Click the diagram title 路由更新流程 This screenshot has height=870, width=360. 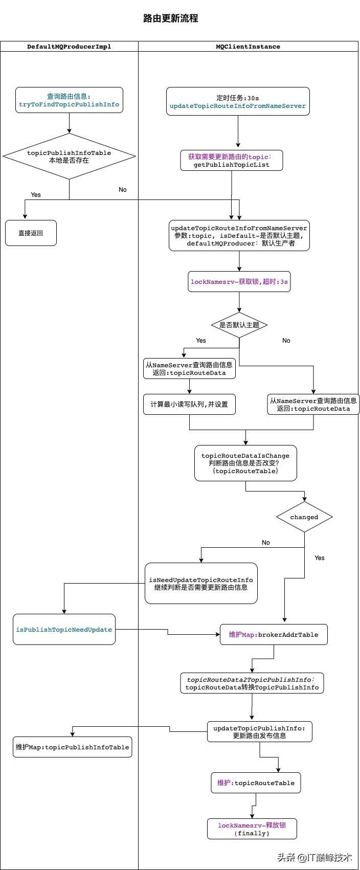click(171, 19)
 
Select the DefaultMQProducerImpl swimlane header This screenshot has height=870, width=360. click(69, 47)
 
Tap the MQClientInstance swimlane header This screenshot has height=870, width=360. click(248, 47)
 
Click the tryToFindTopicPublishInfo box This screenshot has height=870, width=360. click(69, 100)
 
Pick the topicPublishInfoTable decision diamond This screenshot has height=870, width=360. click(69, 157)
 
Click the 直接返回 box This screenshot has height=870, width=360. click(31, 233)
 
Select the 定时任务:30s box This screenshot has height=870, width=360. click(238, 101)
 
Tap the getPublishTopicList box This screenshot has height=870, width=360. click(231, 161)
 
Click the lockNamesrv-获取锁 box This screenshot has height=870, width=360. click(239, 282)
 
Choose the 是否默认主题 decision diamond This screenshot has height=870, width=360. click(239, 325)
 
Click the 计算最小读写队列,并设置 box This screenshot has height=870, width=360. click(189, 404)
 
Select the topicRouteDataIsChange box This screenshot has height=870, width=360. click(245, 463)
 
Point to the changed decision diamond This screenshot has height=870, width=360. click(304, 517)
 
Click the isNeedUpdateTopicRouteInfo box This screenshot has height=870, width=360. click(201, 584)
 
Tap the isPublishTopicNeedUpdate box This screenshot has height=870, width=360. click(64, 630)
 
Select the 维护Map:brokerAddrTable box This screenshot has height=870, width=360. click(274, 635)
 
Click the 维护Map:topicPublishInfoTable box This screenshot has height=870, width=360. click(72, 747)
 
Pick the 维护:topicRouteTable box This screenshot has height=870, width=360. click(256, 783)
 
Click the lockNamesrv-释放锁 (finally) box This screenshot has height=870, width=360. click(252, 829)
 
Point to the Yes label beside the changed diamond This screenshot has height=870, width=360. click(320, 558)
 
